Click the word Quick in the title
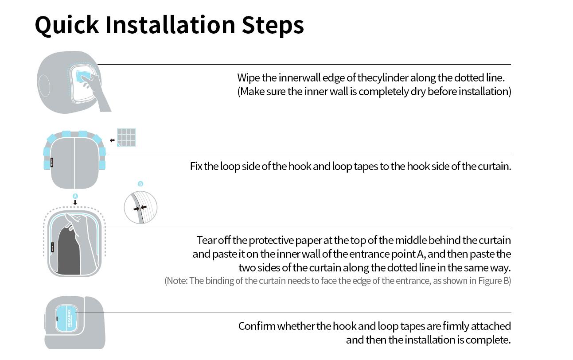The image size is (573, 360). (67, 25)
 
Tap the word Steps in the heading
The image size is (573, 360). (273, 25)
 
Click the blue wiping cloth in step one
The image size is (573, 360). (83, 76)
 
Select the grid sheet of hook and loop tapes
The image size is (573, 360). (126, 138)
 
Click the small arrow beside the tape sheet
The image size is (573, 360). (112, 140)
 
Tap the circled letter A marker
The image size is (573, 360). (75, 196)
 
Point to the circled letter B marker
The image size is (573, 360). (140, 184)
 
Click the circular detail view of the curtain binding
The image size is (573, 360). (140, 208)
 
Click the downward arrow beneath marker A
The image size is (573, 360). (75, 202)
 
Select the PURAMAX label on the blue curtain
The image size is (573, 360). (69, 318)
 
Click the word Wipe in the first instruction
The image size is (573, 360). (248, 78)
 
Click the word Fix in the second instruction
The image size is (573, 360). (196, 166)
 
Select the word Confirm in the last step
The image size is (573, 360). (257, 326)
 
